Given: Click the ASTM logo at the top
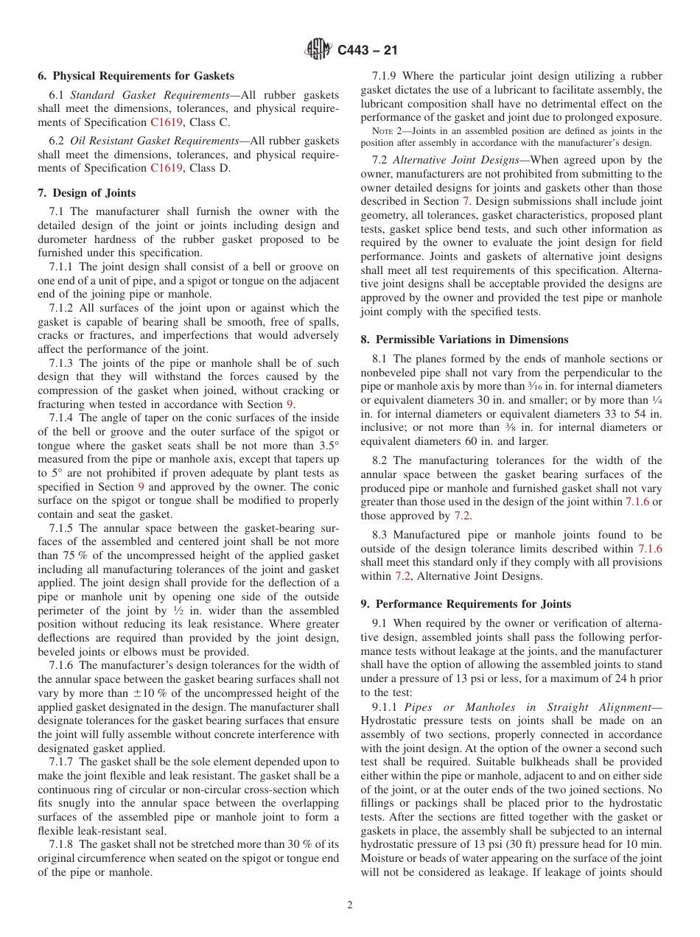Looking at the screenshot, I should pos(318,50).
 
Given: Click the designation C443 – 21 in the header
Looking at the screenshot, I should pos(365,50).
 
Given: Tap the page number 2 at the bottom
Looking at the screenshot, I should pos(350,905).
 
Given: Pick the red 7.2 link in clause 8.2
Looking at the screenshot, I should pos(461,516).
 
